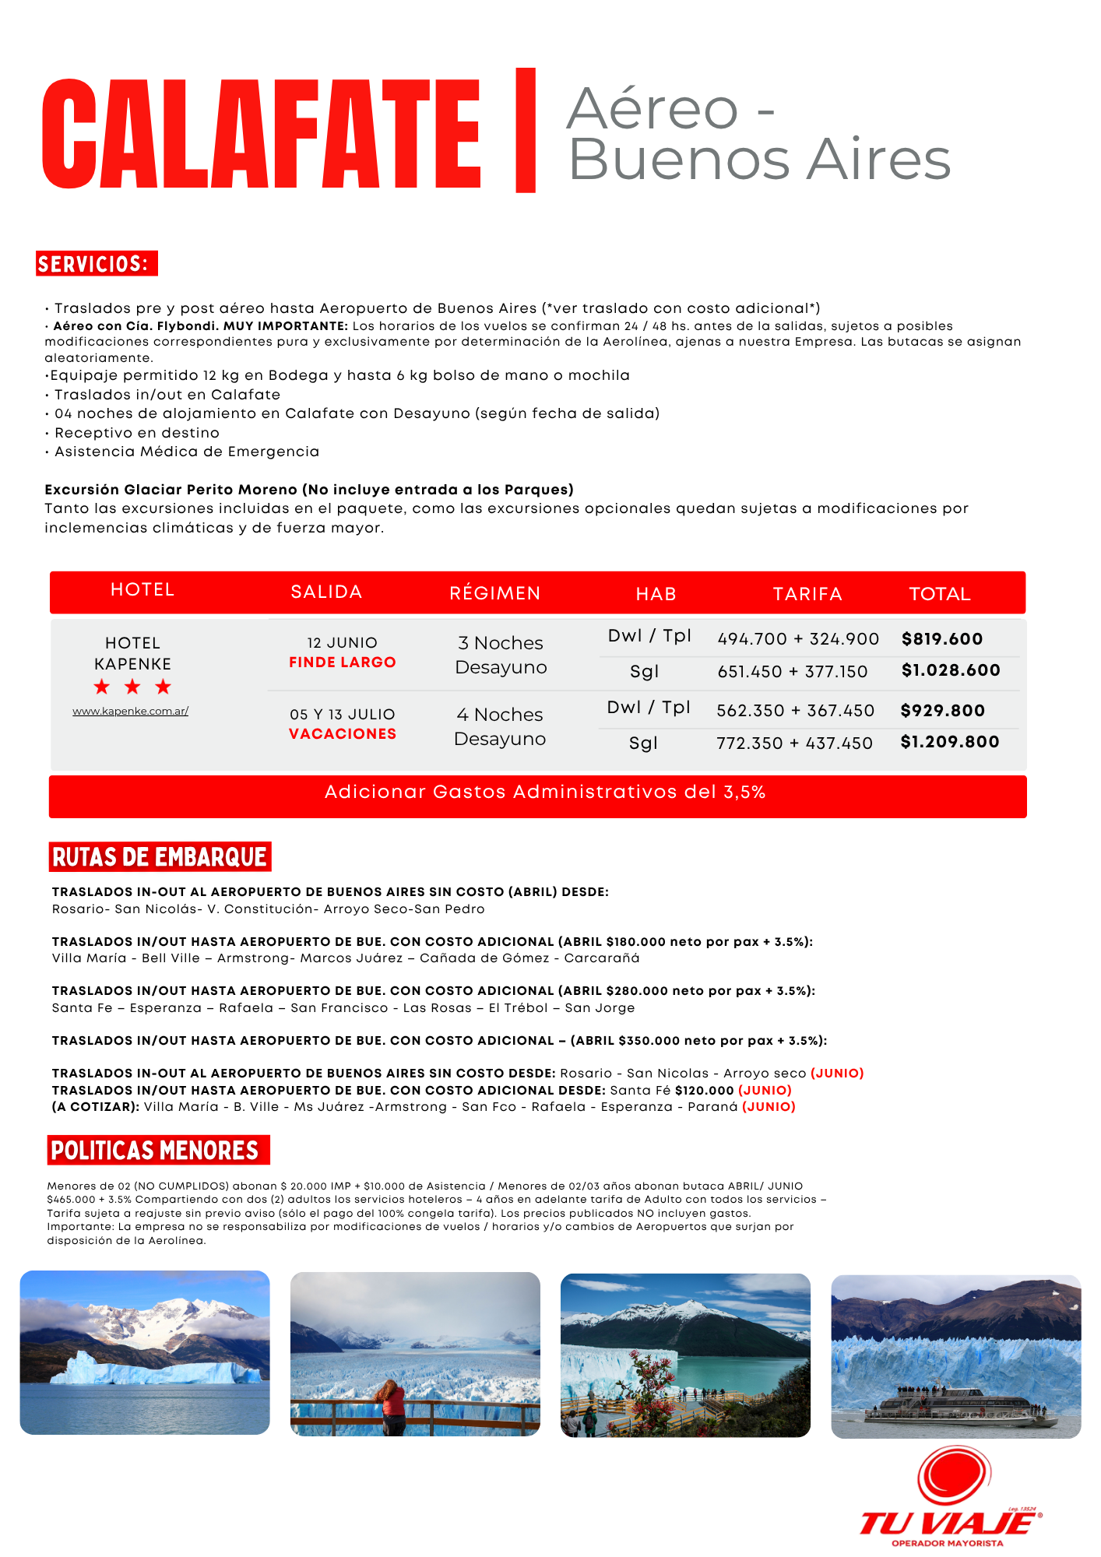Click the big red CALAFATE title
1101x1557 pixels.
click(x=262, y=135)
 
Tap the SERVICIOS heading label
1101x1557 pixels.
click(x=97, y=264)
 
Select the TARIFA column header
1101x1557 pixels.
click(x=807, y=594)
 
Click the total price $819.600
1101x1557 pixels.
click(x=942, y=639)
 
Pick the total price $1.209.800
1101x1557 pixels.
click(x=950, y=742)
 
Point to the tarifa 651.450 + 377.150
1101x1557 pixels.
click(x=793, y=671)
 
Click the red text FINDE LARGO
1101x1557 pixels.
click(x=343, y=663)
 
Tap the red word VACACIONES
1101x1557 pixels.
click(x=343, y=734)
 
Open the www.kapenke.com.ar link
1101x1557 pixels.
click(x=131, y=711)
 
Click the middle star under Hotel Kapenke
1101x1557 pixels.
click(x=132, y=687)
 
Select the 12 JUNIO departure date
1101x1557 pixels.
click(x=343, y=643)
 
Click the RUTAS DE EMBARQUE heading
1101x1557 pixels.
click(x=160, y=857)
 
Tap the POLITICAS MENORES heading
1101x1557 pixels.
click(x=155, y=1150)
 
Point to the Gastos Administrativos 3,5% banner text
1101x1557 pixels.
click(x=545, y=793)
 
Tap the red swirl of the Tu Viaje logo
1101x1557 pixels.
click(x=953, y=1476)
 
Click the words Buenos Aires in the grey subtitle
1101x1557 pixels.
click(x=760, y=160)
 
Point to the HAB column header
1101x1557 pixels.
click(x=656, y=594)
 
